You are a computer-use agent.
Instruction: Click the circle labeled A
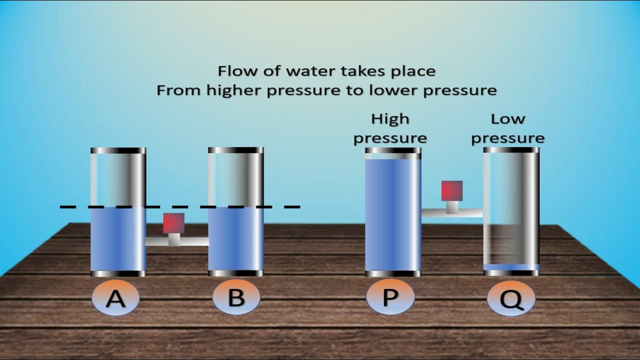click(x=115, y=298)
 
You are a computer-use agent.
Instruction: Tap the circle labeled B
click(x=236, y=297)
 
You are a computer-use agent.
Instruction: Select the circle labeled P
click(x=390, y=297)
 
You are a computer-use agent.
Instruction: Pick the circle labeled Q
click(x=511, y=298)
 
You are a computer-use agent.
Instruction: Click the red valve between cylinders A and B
click(x=173, y=223)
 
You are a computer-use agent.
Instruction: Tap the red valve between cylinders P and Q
click(x=452, y=190)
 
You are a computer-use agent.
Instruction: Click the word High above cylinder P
click(x=390, y=119)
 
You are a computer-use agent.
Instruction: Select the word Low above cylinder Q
click(x=508, y=119)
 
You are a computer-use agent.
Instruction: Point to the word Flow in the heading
click(x=237, y=71)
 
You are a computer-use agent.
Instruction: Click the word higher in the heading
click(x=233, y=90)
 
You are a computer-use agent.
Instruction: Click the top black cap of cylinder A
click(x=118, y=150)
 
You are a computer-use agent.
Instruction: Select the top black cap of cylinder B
click(x=236, y=150)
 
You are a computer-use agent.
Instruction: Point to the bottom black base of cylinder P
click(x=393, y=273)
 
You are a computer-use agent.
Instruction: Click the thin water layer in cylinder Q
click(x=511, y=267)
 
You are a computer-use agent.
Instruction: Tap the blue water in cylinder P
click(x=393, y=214)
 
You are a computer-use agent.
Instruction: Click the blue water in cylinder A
click(x=118, y=238)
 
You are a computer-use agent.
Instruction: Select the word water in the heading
click(x=312, y=71)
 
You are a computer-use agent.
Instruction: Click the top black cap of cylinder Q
click(x=511, y=150)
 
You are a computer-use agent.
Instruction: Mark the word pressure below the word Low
click(x=508, y=139)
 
